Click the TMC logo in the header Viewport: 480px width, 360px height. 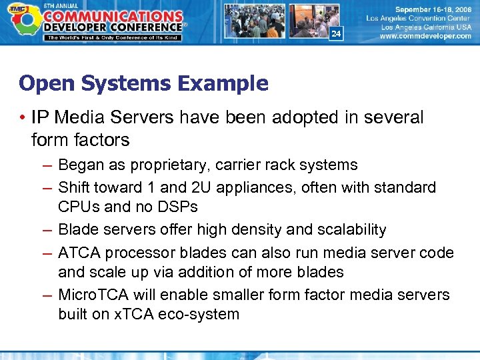[22, 20]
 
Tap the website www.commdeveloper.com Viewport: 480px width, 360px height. [425, 37]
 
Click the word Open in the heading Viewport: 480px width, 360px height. [43, 83]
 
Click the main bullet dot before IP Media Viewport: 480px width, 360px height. [23, 119]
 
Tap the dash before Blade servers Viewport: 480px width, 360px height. [45, 229]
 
